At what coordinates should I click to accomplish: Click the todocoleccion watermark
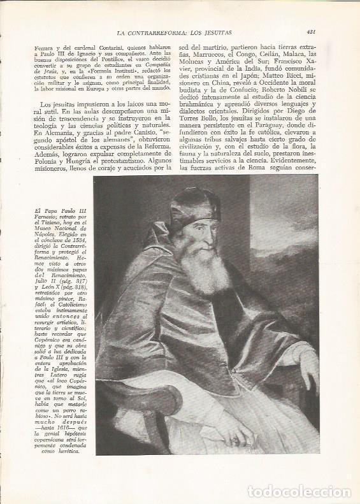point(299,492)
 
